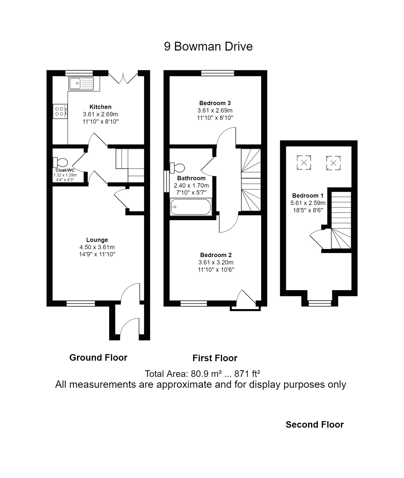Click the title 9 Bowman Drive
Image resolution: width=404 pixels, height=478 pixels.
pos(208,47)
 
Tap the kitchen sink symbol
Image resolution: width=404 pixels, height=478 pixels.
pos(81,83)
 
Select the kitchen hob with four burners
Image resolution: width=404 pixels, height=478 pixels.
pos(60,111)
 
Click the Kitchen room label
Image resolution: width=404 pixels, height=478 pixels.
pos(100,107)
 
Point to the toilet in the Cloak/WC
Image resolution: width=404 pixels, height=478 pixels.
pos(60,163)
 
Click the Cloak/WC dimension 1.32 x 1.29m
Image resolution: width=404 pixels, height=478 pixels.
pos(65,175)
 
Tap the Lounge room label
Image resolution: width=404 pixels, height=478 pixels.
pos(97,240)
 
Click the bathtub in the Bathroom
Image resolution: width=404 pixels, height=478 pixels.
pos(191,207)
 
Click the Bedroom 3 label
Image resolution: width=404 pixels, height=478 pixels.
pos(215,103)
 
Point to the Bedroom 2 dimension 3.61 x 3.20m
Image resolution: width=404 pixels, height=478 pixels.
pos(216,262)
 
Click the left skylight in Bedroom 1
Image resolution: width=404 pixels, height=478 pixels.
pos(304,163)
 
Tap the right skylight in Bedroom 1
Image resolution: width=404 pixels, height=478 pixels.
pos(333,163)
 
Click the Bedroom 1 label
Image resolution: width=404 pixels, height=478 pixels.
pos(308,195)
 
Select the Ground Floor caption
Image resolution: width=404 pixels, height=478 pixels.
pos(98,357)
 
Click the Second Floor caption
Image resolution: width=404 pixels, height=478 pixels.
pos(315,424)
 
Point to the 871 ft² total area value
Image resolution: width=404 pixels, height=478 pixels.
pos(247,374)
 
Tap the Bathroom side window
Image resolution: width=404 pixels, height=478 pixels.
pos(166,181)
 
